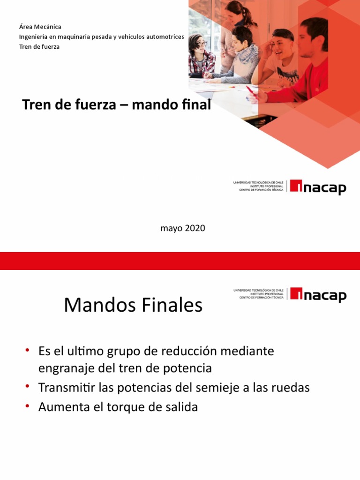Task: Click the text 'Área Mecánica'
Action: click(40, 27)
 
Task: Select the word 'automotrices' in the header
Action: click(161, 37)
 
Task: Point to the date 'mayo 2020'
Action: click(182, 228)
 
